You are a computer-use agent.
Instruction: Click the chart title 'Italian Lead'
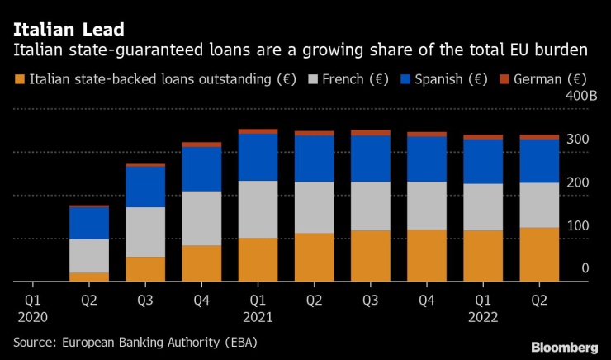tap(69, 31)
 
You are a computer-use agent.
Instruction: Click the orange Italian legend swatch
tap(19, 80)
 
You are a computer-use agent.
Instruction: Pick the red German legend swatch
tap(504, 80)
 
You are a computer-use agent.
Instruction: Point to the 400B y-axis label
tap(582, 97)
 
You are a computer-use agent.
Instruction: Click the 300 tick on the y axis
tap(578, 140)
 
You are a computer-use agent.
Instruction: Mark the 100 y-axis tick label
tap(578, 225)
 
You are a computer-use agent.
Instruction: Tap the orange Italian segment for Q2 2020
tap(89, 277)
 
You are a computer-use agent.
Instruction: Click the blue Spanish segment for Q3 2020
tap(145, 187)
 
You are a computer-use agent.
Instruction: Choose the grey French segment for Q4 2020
tap(201, 218)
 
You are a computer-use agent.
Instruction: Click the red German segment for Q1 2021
tap(258, 131)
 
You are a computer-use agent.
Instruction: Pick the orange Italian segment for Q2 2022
tap(538, 254)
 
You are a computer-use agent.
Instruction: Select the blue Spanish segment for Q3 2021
tap(370, 159)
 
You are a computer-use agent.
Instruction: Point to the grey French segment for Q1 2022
tap(482, 206)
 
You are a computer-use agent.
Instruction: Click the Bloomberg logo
tap(565, 347)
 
